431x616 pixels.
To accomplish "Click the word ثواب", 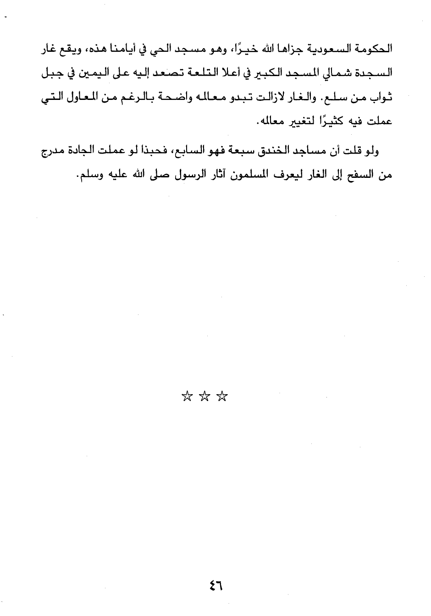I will (x=382, y=99).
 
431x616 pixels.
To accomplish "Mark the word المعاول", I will (x=80, y=99).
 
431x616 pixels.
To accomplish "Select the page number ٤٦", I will (x=215, y=584).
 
